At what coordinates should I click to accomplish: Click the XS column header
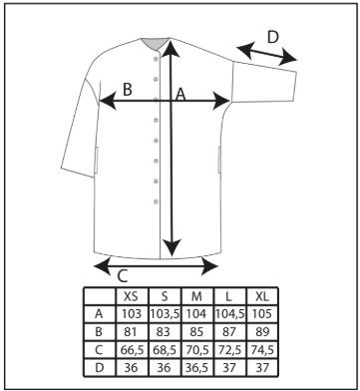click(x=132, y=296)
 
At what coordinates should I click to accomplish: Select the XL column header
click(x=262, y=296)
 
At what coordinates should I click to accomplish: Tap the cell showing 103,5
click(x=165, y=314)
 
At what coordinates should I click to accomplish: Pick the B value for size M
click(x=196, y=332)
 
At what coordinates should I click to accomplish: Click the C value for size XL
click(x=262, y=350)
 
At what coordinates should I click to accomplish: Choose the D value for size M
click(x=196, y=368)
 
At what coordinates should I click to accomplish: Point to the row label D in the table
click(x=99, y=368)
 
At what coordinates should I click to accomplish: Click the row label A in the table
click(x=99, y=314)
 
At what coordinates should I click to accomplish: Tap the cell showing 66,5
click(x=132, y=350)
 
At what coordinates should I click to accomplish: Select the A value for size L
click(x=229, y=314)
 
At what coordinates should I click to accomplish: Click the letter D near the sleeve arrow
click(x=272, y=37)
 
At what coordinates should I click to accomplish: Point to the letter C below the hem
click(x=123, y=276)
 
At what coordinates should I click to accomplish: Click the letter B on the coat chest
click(x=128, y=90)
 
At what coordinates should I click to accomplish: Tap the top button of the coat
click(x=156, y=59)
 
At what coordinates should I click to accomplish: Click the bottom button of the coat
click(x=156, y=201)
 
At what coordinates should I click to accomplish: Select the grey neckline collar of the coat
click(x=155, y=43)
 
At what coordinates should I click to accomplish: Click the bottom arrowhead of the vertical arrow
click(x=172, y=246)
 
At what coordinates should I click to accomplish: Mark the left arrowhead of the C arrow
click(x=103, y=265)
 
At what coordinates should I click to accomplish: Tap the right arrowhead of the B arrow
click(x=221, y=101)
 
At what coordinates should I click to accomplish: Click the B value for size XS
click(x=132, y=332)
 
